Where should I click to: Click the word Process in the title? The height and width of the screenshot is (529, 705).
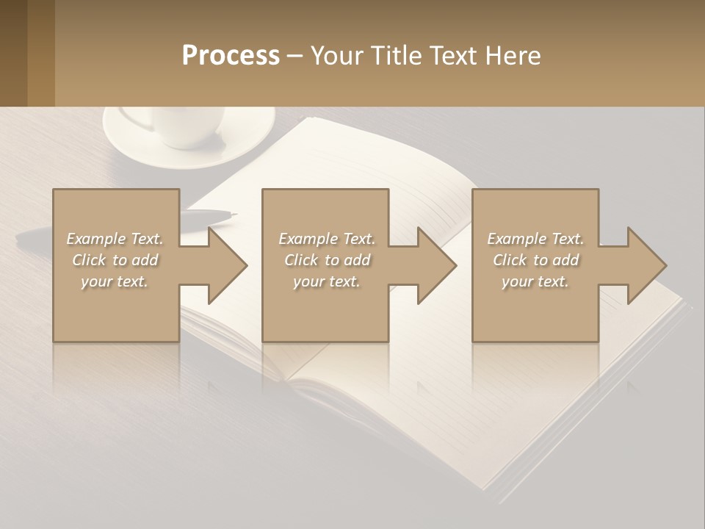[231, 56]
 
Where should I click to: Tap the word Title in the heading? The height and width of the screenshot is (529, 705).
[392, 56]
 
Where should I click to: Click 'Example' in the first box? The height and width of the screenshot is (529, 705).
[96, 239]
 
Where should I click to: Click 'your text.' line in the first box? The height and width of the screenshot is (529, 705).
[115, 281]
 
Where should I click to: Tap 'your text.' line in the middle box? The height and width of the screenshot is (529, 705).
[327, 281]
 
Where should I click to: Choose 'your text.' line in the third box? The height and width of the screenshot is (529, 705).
[535, 281]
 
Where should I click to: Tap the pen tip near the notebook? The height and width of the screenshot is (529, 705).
[233, 215]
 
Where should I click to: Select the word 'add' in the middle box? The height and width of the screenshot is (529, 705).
[357, 260]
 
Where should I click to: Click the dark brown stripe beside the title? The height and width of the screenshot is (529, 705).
[13, 53]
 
